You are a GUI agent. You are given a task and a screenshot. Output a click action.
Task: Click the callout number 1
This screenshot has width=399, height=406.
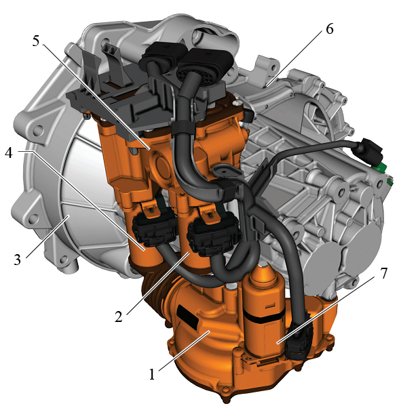(152, 374)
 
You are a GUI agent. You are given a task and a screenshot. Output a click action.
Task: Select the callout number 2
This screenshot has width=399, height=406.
(119, 317)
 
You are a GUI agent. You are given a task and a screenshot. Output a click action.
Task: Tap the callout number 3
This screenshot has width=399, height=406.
(17, 260)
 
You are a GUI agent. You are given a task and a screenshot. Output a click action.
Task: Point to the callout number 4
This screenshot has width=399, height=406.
(9, 153)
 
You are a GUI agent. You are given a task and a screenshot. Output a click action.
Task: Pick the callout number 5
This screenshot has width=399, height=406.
(36, 41)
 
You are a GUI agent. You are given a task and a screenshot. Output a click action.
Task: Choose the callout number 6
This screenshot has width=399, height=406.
(330, 29)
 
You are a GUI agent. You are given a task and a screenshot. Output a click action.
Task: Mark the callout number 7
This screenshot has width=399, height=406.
(383, 273)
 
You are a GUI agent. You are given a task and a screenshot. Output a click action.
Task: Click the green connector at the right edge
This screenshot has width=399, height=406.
(381, 167)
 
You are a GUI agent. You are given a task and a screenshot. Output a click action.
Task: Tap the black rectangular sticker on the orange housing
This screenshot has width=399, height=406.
(187, 317)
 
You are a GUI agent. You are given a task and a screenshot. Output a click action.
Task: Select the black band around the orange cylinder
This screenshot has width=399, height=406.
(264, 318)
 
